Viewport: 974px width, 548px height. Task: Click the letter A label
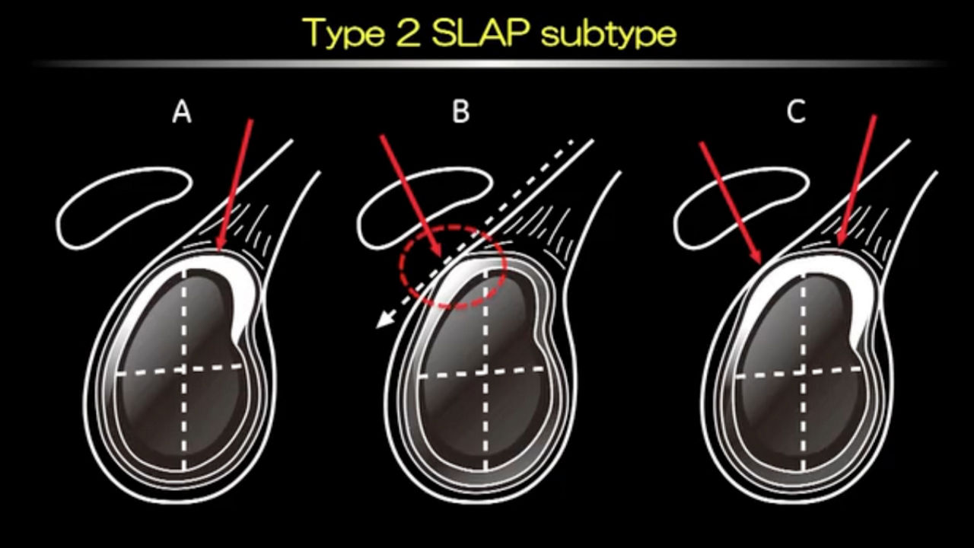click(182, 112)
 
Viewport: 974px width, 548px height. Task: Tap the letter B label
click(461, 112)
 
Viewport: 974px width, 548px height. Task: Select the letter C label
click(796, 112)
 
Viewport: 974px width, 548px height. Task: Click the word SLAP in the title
click(479, 33)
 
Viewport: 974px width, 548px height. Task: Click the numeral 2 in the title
click(408, 33)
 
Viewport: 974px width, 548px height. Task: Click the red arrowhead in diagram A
click(221, 245)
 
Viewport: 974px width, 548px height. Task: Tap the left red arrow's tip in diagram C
click(761, 264)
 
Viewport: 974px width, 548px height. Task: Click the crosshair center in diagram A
click(184, 370)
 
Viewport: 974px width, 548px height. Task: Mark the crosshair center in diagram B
click(485, 372)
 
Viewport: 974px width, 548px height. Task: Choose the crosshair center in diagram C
click(802, 372)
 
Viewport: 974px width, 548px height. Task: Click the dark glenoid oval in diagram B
click(483, 370)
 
